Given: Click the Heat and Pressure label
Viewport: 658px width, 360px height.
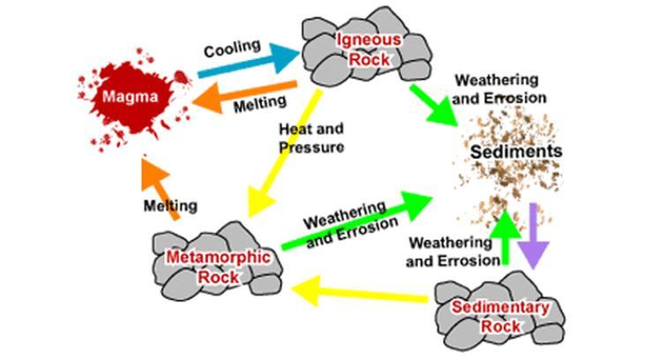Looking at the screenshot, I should pos(309,138).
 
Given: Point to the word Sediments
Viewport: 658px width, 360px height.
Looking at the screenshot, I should pos(516,151).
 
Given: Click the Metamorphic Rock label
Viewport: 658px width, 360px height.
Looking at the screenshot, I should pos(205,266).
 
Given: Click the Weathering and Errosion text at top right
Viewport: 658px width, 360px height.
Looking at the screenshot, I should pos(500,88).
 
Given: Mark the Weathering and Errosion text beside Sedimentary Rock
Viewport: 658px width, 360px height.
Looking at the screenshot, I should pos(447,251).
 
